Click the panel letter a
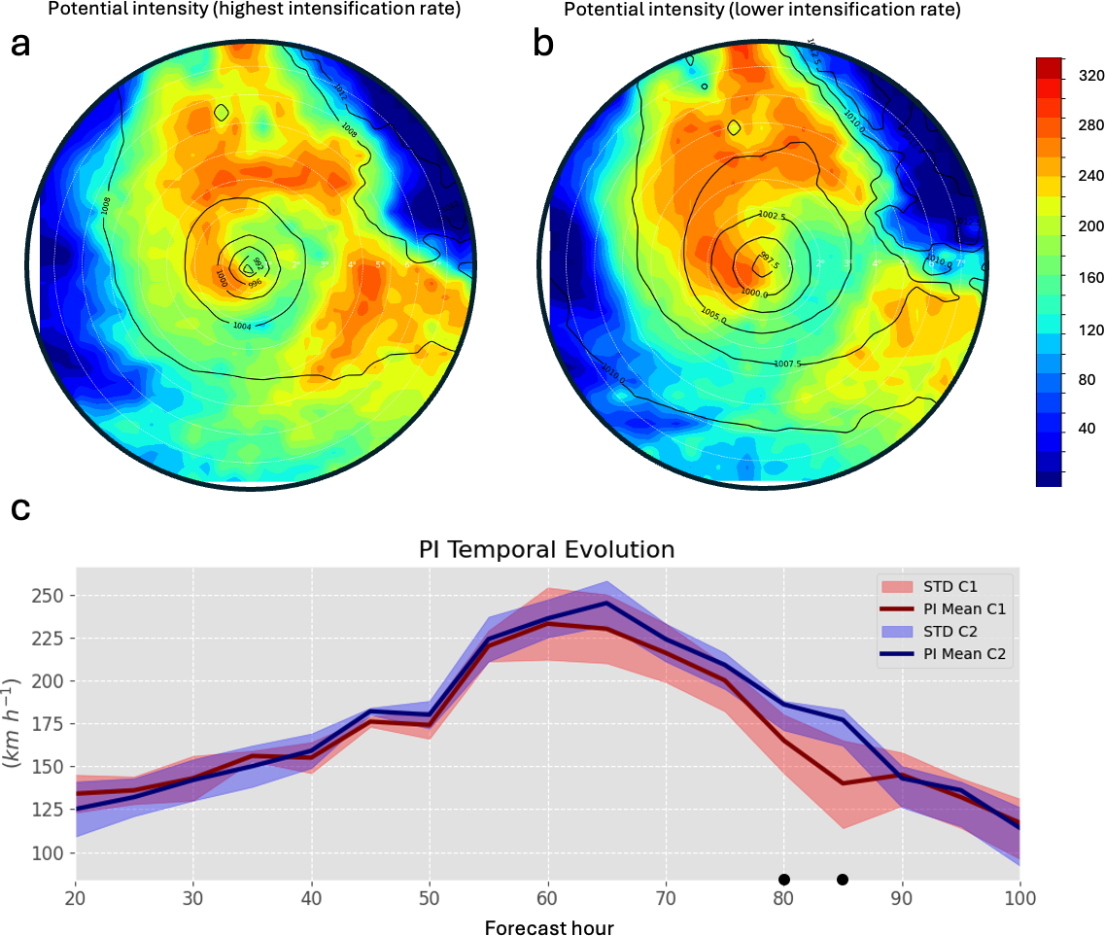point(21,46)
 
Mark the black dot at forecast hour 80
point(784,880)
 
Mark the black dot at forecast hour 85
point(843,880)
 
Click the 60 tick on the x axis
point(548,898)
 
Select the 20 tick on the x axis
point(76,898)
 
